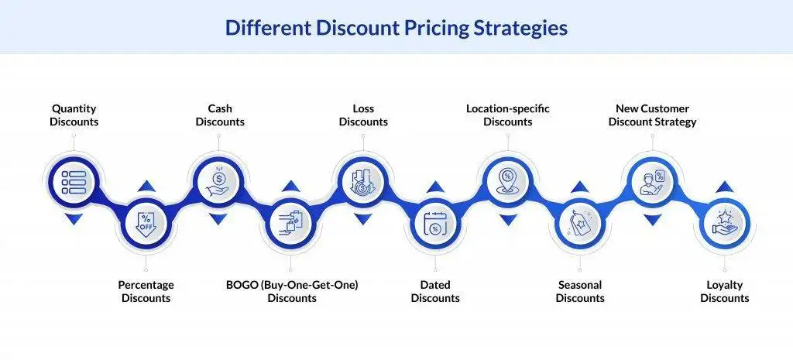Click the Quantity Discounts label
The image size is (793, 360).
(74, 115)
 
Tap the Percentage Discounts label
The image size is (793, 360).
(146, 291)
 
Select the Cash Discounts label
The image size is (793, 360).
(220, 115)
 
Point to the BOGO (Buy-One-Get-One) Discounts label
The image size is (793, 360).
(292, 291)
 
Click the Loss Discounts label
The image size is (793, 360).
(363, 115)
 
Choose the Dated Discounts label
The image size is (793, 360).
(435, 291)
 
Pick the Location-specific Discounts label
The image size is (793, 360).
(508, 115)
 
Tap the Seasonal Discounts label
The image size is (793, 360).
(580, 291)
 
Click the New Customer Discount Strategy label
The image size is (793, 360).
(652, 115)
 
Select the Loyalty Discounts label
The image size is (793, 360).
(725, 291)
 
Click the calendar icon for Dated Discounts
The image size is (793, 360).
(435, 225)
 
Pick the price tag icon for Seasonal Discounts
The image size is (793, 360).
(580, 225)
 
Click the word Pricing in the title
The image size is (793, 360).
(414, 29)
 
